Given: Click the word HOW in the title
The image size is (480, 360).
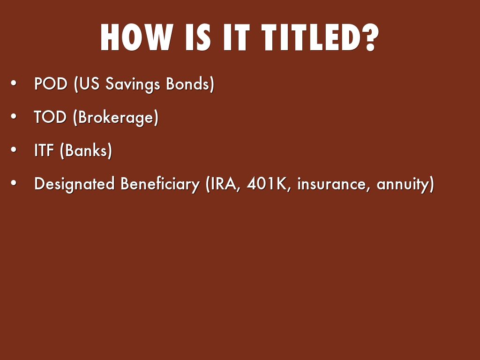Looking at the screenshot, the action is click(x=137, y=37).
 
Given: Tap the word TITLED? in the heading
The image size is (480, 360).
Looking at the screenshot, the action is click(x=320, y=37).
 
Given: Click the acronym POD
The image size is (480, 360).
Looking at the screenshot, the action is click(x=51, y=83).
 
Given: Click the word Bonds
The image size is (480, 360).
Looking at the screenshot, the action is click(x=187, y=83).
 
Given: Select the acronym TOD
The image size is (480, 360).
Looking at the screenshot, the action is click(x=50, y=117).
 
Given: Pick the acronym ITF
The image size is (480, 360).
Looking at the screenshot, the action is click(x=44, y=150).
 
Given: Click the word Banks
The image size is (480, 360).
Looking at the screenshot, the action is click(x=86, y=150).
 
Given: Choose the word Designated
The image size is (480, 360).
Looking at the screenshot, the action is click(x=75, y=184).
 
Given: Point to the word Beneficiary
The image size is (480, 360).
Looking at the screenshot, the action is click(x=160, y=184).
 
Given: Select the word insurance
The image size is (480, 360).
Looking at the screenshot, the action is click(x=331, y=184).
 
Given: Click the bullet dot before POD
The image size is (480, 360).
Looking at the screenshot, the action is click(x=14, y=83).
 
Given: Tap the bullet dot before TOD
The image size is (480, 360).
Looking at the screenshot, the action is click(x=14, y=116).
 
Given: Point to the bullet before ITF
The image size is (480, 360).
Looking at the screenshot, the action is click(x=14, y=150).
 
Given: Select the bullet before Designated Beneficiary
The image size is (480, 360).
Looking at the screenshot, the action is click(x=14, y=183).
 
